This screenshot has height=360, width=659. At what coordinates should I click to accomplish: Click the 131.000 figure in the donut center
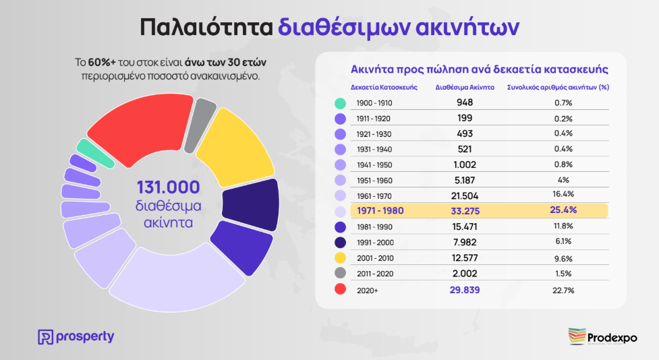[x=168, y=187]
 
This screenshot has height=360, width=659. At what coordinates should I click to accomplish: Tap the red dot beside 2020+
[x=341, y=289]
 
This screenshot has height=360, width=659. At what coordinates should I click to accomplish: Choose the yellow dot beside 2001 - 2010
[x=341, y=258]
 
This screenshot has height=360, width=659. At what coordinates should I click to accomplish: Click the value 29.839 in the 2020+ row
[x=465, y=289]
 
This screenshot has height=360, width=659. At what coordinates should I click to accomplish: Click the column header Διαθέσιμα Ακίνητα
[x=465, y=87]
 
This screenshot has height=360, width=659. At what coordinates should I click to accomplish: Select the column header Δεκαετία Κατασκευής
[x=384, y=87]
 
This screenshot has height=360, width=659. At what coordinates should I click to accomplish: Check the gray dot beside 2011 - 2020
[x=341, y=273]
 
